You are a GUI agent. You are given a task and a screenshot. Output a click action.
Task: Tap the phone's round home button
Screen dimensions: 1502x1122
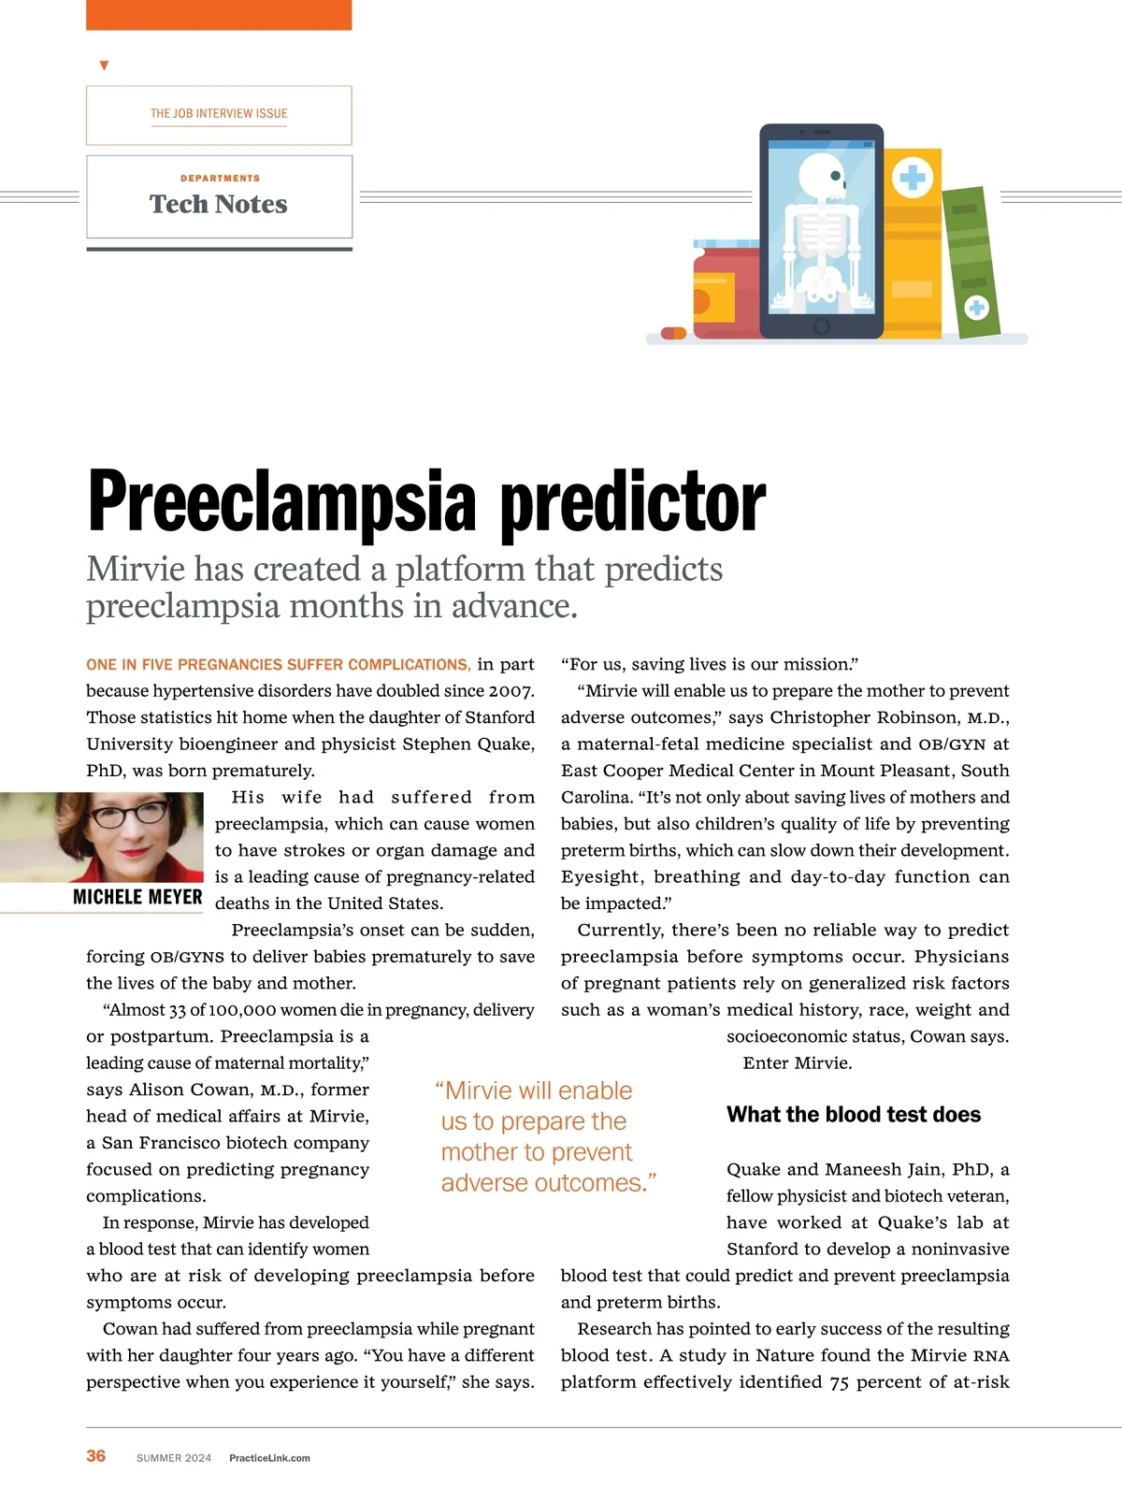point(822,326)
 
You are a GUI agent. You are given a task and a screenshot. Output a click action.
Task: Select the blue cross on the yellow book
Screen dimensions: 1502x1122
point(913,178)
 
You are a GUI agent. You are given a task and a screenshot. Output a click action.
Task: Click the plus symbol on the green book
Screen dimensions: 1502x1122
point(976,307)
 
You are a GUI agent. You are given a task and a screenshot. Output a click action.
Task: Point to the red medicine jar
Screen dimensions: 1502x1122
point(726,290)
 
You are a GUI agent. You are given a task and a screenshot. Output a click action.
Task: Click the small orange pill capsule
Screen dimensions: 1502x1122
point(673,333)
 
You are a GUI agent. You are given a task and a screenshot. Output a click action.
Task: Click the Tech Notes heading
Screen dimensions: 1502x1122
point(219,204)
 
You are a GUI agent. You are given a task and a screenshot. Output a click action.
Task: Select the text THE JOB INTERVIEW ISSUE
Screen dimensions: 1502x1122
point(219,113)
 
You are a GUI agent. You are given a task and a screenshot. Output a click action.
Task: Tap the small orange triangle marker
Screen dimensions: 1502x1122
point(104,65)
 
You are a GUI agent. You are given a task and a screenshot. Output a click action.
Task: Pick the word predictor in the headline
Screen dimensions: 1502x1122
point(633,502)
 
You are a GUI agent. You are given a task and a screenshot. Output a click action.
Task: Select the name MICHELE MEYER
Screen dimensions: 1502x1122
point(137,897)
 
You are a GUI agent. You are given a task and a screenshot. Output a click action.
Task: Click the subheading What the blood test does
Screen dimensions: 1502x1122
point(854,1114)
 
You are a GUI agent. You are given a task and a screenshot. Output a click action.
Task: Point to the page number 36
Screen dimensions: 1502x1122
point(96,1455)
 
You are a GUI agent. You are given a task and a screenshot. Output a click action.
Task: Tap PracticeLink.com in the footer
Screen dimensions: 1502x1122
point(269,1457)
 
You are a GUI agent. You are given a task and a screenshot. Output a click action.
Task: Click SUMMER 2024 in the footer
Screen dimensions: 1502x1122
point(174,1457)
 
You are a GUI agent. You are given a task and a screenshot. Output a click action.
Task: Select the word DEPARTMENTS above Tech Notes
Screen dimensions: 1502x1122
point(220,178)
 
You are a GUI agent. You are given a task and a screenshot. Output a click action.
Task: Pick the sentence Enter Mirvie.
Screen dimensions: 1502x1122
point(798,1062)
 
